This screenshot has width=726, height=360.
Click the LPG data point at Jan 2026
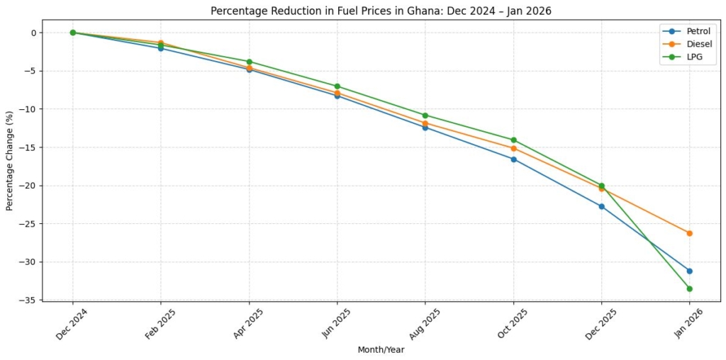point(689,288)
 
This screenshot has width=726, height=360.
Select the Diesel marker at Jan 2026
point(689,233)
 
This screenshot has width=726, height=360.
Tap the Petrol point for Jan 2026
point(689,271)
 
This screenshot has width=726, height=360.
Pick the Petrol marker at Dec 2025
point(601,206)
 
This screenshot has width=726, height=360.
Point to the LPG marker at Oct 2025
point(513,140)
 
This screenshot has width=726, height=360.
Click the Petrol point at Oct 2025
point(513,159)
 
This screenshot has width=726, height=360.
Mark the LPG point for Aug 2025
point(425,115)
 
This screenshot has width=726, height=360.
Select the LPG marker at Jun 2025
point(337,86)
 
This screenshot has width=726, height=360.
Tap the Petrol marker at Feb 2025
point(161,48)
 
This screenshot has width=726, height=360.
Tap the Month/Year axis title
point(381,349)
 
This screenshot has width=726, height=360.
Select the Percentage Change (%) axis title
point(10,161)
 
